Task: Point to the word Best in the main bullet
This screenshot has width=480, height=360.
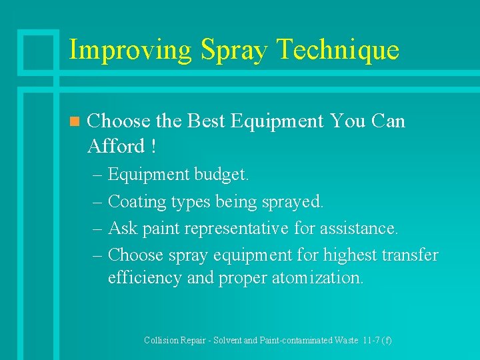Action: pyautogui.click(x=207, y=121)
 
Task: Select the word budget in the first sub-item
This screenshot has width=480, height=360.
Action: pyautogui.click(x=221, y=175)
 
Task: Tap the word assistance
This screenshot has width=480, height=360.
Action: pyautogui.click(x=361, y=228)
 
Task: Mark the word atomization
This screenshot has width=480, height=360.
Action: pyautogui.click(x=317, y=278)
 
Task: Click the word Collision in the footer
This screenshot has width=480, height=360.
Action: pyautogui.click(x=162, y=340)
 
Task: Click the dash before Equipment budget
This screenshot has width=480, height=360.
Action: pyautogui.click(x=98, y=175)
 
